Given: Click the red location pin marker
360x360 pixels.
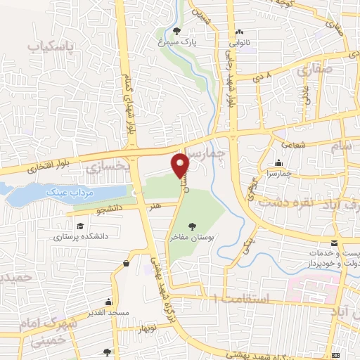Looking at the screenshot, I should pos(181,165).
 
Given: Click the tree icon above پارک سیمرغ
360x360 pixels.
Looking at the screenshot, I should pos(176,30).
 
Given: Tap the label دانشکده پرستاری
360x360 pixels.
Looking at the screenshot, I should pos(82,238).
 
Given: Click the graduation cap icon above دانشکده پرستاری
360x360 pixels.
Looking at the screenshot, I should pos(82,227).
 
